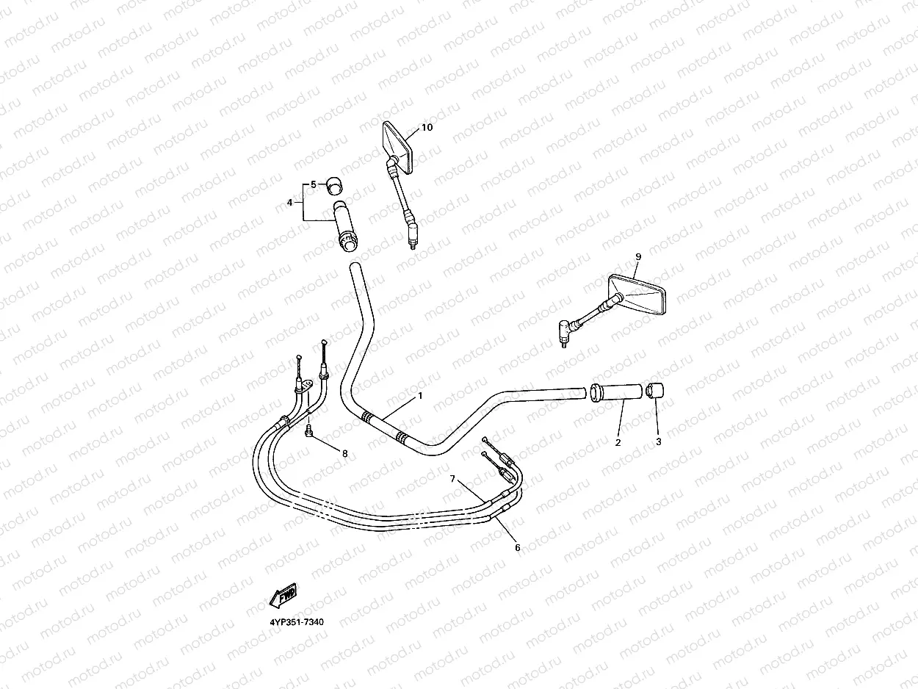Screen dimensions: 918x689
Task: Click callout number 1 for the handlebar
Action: [x=420, y=396]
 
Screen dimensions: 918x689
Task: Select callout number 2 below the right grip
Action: [x=618, y=442]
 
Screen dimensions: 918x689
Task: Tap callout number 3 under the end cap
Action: [x=658, y=442]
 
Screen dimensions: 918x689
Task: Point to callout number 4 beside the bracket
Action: [x=290, y=202]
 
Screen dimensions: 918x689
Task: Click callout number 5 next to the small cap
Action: [x=313, y=184]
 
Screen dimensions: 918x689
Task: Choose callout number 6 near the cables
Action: [x=517, y=547]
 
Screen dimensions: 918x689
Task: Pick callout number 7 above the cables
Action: [x=453, y=478]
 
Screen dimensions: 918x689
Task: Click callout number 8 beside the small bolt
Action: [x=344, y=453]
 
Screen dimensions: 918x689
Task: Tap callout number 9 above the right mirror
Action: [x=637, y=256]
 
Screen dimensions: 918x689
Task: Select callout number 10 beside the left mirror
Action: [x=427, y=127]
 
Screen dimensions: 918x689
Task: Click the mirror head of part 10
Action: [x=399, y=147]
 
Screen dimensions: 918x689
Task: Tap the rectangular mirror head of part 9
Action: [x=638, y=294]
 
